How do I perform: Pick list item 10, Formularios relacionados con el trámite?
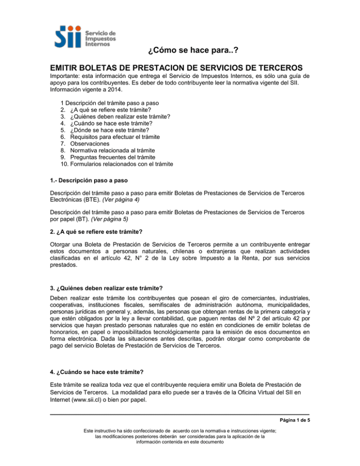click(x=117, y=164)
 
